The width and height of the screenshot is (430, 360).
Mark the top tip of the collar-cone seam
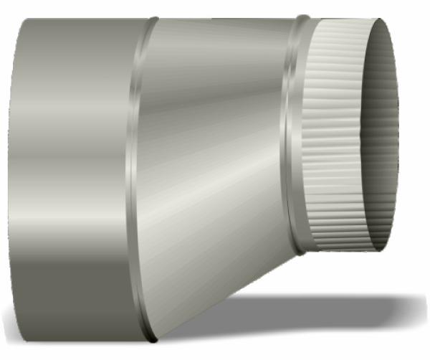153,19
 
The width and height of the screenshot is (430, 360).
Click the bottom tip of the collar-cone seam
150,338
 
